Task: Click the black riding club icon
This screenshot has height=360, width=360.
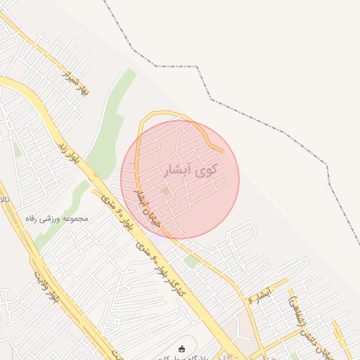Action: pyautogui.click(x=182, y=349)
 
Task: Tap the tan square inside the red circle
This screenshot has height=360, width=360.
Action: pyautogui.click(x=165, y=191)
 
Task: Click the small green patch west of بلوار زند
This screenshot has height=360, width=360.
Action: pyautogui.click(x=16, y=149)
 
